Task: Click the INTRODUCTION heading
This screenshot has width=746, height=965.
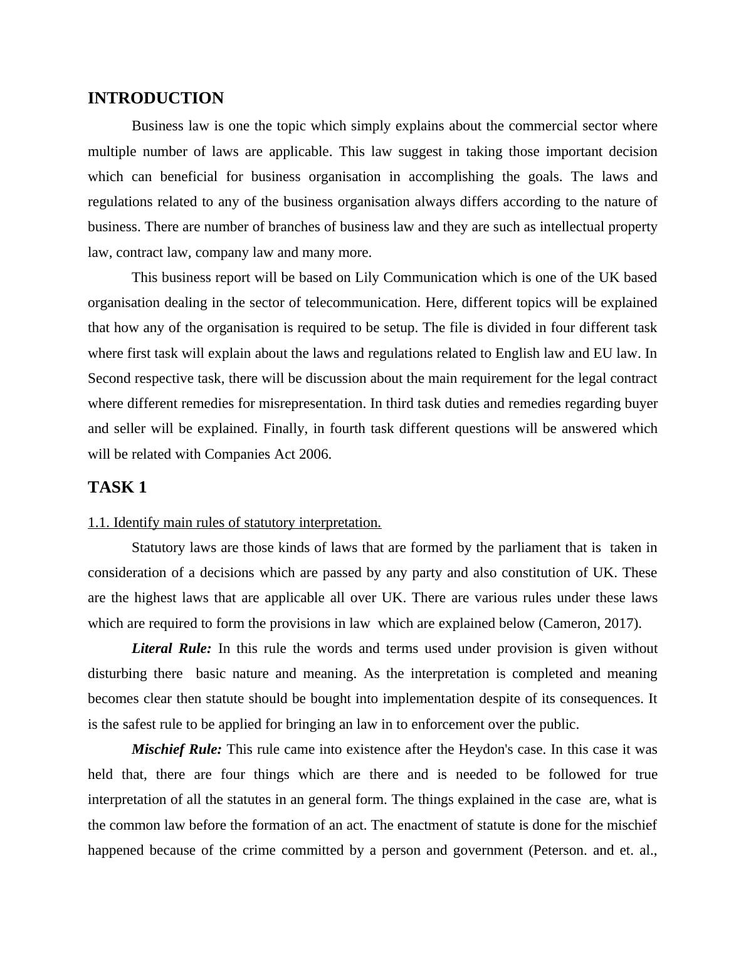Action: pyautogui.click(x=155, y=98)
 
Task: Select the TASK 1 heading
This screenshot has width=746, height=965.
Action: pyautogui.click(x=117, y=488)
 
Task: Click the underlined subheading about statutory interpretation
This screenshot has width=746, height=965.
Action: pyautogui.click(x=234, y=523)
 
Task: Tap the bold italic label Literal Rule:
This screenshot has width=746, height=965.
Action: pyautogui.click(x=171, y=649)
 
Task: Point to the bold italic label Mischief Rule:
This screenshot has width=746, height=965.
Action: pyautogui.click(x=176, y=749)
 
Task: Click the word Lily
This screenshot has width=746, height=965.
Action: pyautogui.click(x=366, y=278)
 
